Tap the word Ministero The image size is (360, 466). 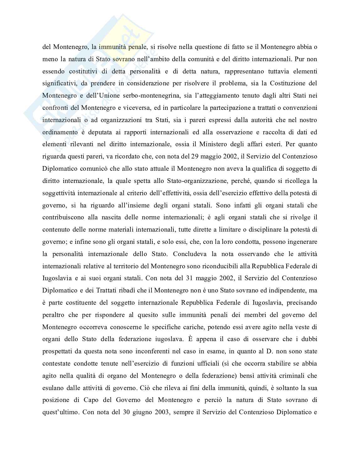[x=227, y=144]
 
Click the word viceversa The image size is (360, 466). [x=134, y=108]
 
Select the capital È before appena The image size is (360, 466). [x=190, y=339]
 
